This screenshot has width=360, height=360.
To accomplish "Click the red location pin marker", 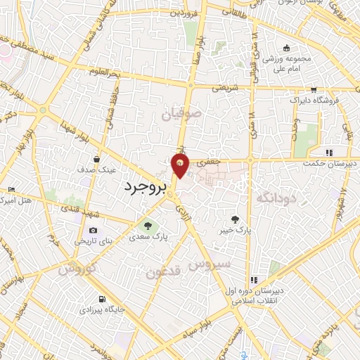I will coord(181,167).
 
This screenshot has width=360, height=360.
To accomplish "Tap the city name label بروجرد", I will coord(146,187).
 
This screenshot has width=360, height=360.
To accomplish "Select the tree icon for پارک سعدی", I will coord(148,226).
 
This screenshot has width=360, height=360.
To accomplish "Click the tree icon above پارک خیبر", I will coord(244,219).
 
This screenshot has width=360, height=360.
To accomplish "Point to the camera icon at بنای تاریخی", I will coord(93,231).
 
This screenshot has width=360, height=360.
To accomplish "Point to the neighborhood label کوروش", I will coord(76,268).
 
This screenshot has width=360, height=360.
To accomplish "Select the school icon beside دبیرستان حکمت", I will coord(328,152).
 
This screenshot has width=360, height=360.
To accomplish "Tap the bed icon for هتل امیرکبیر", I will coord(10,191).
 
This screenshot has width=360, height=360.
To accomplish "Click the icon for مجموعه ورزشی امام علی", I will coord(286,49).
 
